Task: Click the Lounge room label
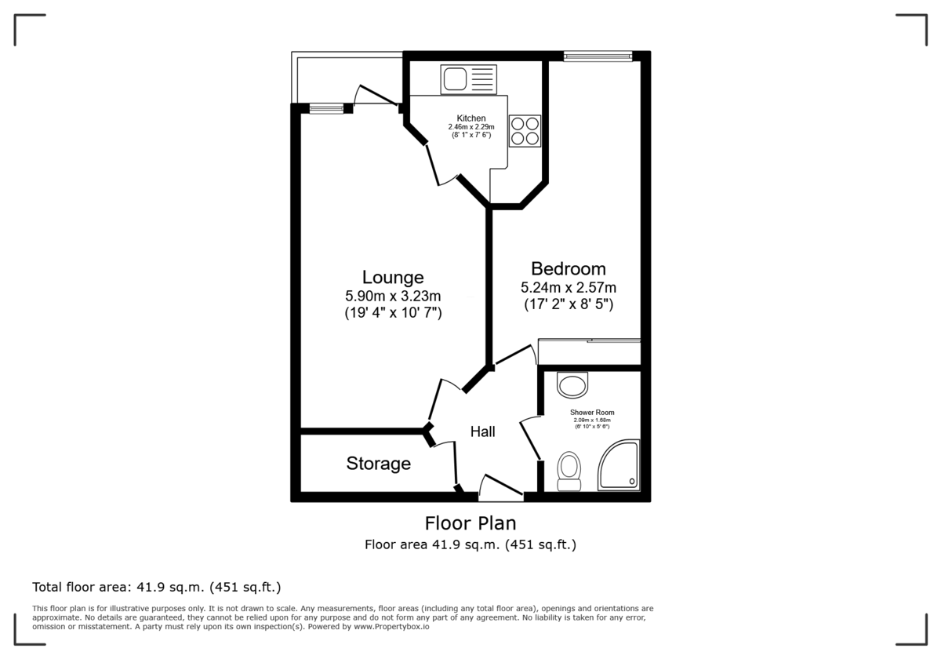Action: (393, 278)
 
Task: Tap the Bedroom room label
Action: (569, 269)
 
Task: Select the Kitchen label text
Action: (471, 118)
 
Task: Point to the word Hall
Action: (483, 431)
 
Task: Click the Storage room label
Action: (379, 464)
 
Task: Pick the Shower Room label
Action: (592, 413)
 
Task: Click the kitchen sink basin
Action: (455, 79)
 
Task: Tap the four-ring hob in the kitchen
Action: (525, 131)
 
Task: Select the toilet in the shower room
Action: (569, 471)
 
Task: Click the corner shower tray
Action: (619, 465)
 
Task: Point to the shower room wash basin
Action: (572, 385)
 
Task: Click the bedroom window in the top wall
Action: (598, 56)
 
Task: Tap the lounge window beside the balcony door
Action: (327, 108)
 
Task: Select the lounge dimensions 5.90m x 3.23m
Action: (393, 296)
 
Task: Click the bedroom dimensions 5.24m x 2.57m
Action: (569, 287)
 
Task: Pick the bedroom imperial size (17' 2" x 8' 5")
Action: (569, 304)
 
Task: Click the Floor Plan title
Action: (470, 523)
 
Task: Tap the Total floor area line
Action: (157, 587)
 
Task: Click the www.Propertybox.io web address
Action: (391, 627)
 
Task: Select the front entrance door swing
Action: (501, 486)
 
